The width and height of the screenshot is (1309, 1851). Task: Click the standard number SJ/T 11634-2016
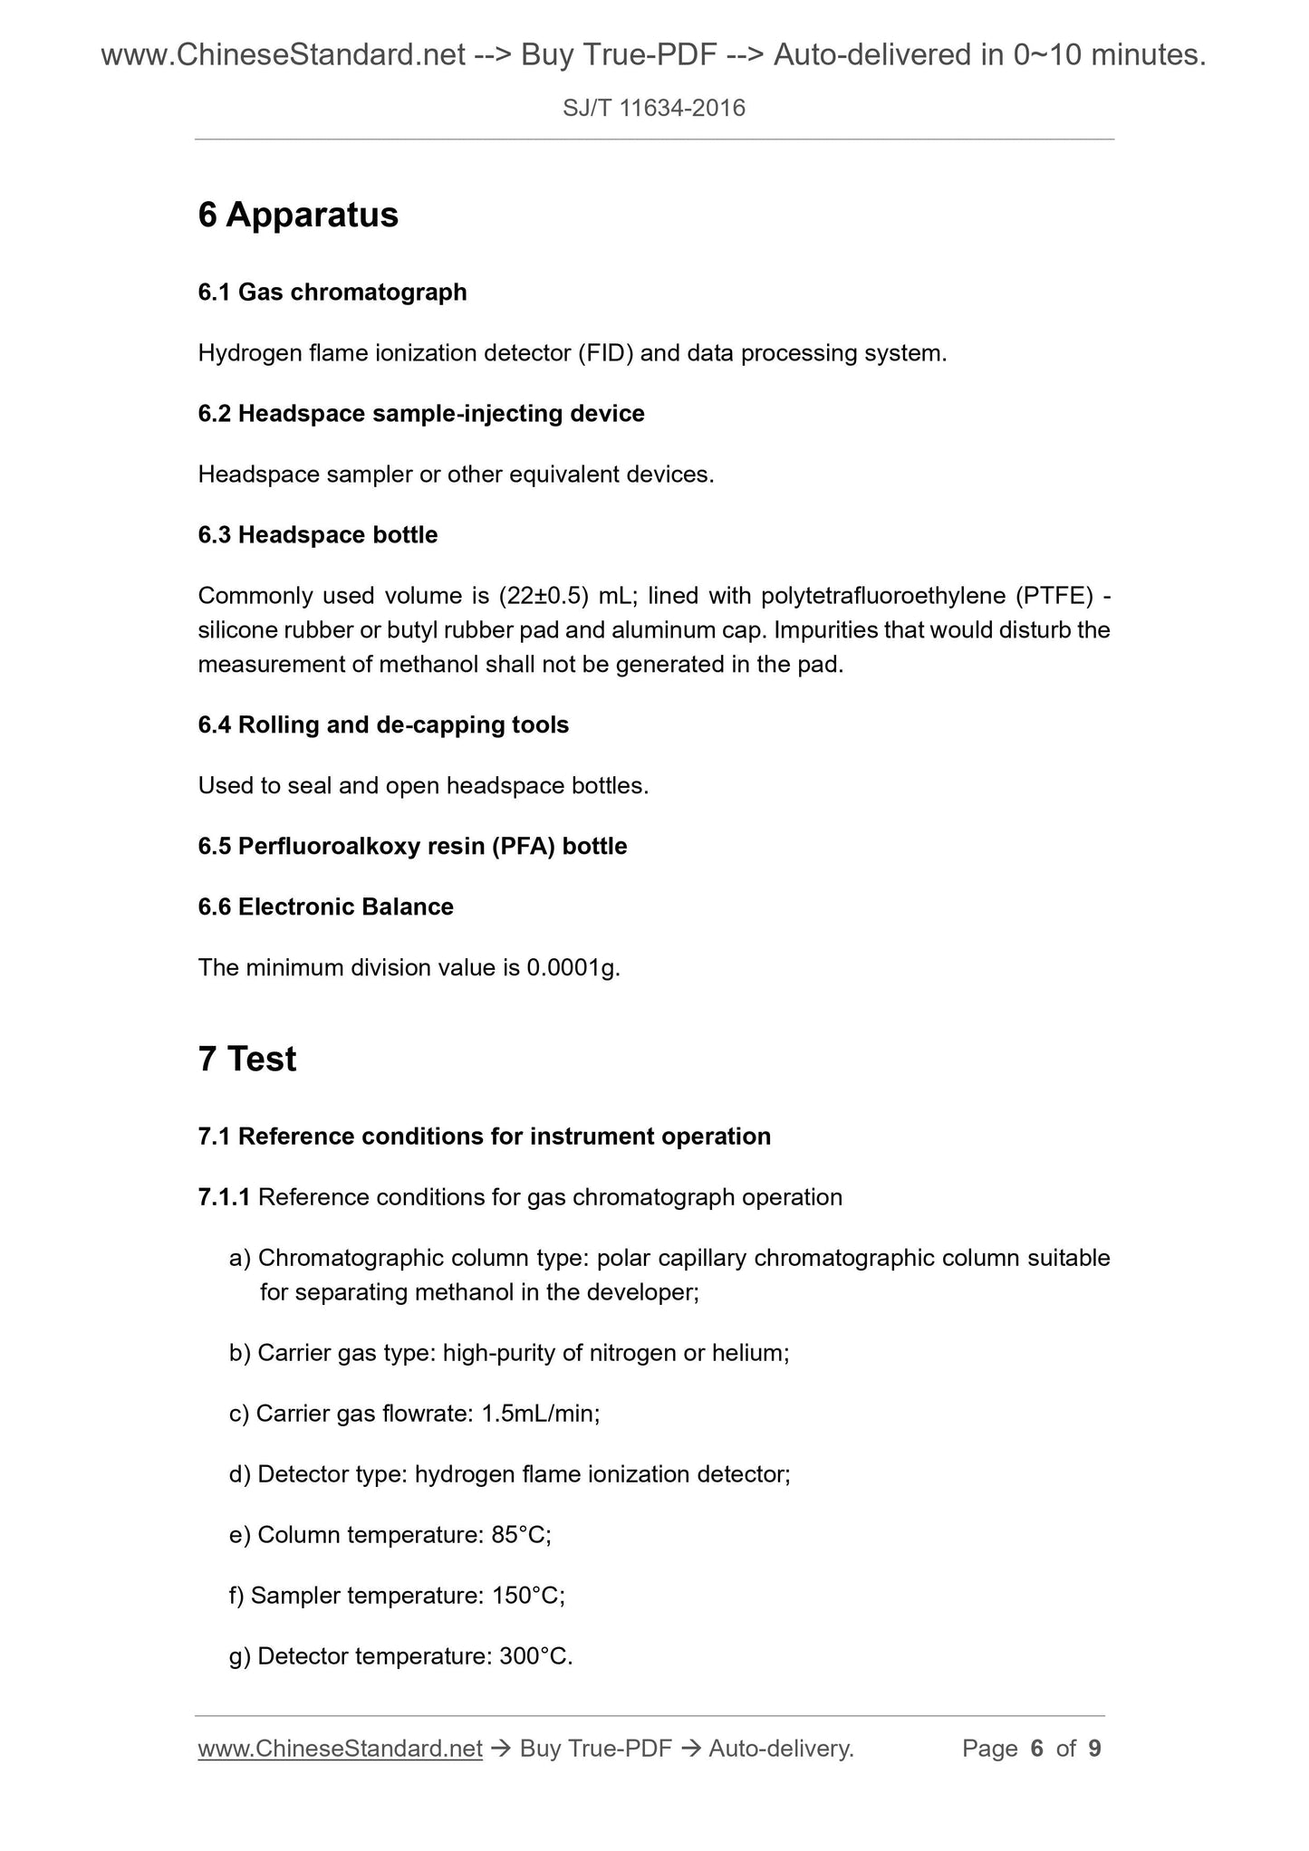coord(653,109)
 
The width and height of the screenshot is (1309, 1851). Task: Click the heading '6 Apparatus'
coord(298,216)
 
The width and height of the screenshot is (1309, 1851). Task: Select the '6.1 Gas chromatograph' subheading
coord(332,293)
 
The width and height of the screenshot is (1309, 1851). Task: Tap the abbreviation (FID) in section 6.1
coord(606,353)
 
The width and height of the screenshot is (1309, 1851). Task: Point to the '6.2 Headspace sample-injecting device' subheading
coord(421,414)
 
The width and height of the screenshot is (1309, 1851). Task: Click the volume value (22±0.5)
coord(544,596)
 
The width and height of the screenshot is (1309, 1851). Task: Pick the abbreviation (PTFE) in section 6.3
coord(1054,596)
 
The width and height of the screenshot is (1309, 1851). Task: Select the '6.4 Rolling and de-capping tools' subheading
coord(383,725)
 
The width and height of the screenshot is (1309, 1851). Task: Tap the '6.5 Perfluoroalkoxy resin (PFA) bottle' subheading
coord(412,847)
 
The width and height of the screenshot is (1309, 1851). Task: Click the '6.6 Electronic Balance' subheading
coord(325,907)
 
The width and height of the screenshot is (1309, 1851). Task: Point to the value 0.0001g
coord(573,968)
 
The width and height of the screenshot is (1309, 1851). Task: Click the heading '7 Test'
coord(247,1060)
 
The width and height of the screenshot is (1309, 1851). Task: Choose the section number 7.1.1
coord(224,1198)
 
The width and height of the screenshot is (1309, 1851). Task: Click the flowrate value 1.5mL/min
coord(540,1414)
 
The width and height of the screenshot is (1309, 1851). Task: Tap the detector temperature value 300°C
coord(535,1656)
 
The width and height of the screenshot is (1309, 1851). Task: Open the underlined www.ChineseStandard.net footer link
coord(340,1749)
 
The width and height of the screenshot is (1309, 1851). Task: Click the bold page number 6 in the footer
coord(1037,1749)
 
